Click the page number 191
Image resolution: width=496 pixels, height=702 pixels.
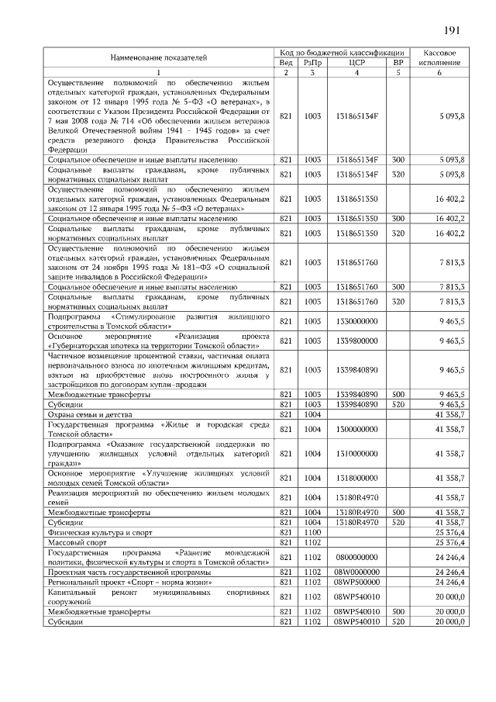point(453,30)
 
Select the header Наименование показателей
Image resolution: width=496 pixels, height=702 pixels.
point(159,58)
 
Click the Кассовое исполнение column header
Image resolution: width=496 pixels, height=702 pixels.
point(439,57)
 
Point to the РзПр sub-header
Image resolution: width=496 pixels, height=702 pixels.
point(312,62)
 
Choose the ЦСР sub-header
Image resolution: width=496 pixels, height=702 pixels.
point(357,62)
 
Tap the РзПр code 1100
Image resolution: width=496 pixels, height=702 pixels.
point(312,533)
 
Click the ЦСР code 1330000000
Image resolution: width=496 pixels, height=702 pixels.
point(357,320)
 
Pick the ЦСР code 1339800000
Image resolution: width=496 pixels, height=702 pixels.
point(357,341)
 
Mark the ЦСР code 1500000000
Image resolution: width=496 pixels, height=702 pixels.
point(357,429)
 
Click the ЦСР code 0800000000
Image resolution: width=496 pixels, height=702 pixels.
point(357,557)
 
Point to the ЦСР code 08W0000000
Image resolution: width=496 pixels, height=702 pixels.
point(357,572)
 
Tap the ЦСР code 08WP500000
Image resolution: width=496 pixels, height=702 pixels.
point(357,581)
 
